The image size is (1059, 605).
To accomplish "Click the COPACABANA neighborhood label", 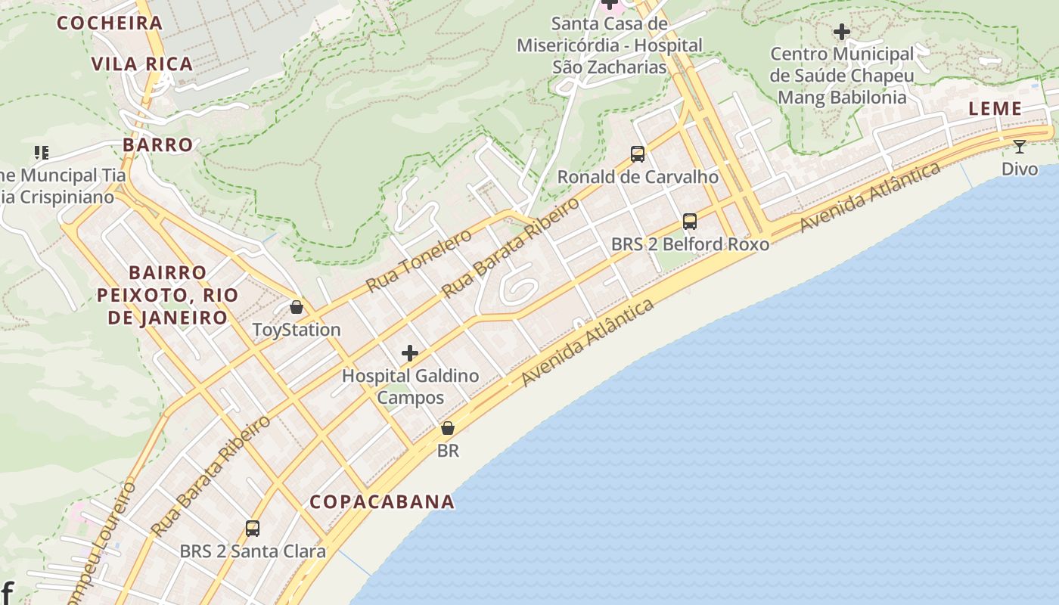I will [x=382, y=501].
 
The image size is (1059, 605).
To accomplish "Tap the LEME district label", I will [x=995, y=109].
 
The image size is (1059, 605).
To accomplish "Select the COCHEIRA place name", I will [x=110, y=23].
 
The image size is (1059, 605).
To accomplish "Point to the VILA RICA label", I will [x=142, y=64].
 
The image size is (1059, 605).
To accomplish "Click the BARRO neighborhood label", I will [x=158, y=144].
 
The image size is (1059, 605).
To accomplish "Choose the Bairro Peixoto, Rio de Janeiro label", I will [x=168, y=295].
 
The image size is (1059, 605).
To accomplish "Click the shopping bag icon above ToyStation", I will [x=297, y=307].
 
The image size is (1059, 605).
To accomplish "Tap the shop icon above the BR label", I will [x=448, y=428].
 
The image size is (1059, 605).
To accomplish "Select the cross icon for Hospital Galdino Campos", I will [x=410, y=353].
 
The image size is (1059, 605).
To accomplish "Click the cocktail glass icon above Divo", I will [x=1020, y=147].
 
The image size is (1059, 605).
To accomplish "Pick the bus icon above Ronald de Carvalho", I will [x=638, y=154].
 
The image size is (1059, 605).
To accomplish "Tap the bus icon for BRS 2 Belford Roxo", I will [x=690, y=222].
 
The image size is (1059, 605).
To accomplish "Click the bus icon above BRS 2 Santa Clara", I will [x=253, y=528].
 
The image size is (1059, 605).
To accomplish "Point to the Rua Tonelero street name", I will [x=418, y=260].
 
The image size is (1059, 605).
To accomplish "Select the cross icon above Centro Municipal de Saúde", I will [x=841, y=32].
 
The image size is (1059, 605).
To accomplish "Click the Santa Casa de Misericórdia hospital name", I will [x=610, y=45].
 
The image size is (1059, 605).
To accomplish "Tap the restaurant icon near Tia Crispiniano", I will [x=42, y=153].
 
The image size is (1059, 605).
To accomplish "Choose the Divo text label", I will [x=1020, y=169].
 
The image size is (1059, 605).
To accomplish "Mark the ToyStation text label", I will [x=297, y=330].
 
